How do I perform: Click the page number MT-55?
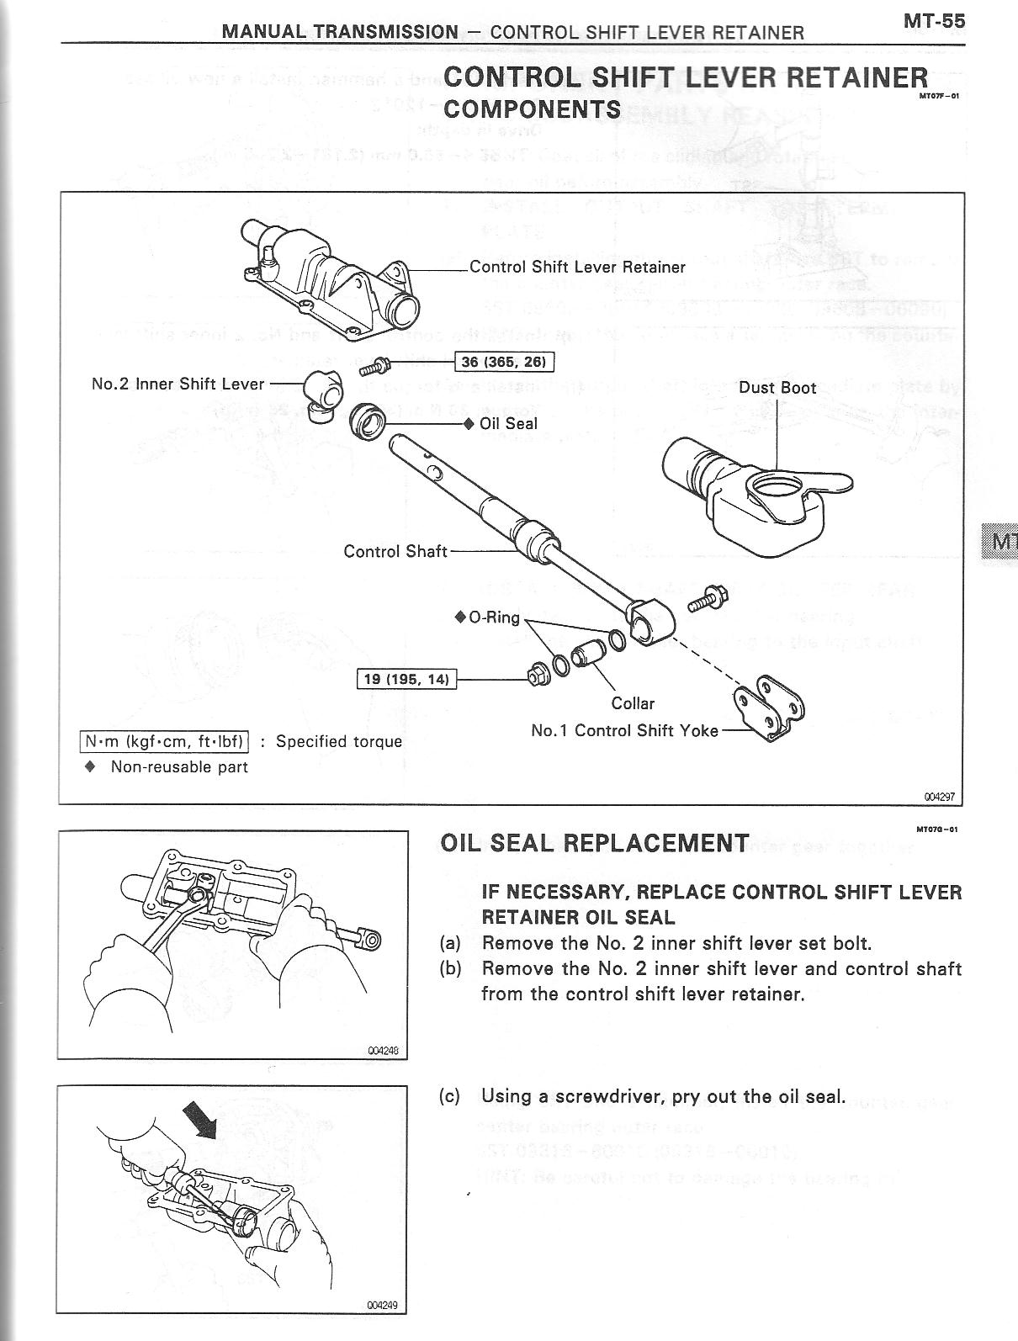(x=934, y=22)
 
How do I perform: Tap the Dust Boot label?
(x=777, y=388)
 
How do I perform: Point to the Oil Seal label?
(x=507, y=423)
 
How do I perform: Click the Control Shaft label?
(x=395, y=551)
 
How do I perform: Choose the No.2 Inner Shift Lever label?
(x=178, y=384)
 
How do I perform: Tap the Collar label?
(x=633, y=703)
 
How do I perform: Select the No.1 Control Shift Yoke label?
(x=624, y=730)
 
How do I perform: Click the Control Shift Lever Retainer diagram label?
(x=577, y=267)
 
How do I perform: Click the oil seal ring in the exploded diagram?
(x=367, y=419)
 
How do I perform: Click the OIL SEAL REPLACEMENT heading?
(x=594, y=843)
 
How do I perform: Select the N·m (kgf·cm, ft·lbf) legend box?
(x=164, y=741)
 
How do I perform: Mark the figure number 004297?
(x=941, y=794)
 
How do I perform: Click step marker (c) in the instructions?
(x=449, y=1096)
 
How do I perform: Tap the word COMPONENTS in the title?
(x=532, y=109)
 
